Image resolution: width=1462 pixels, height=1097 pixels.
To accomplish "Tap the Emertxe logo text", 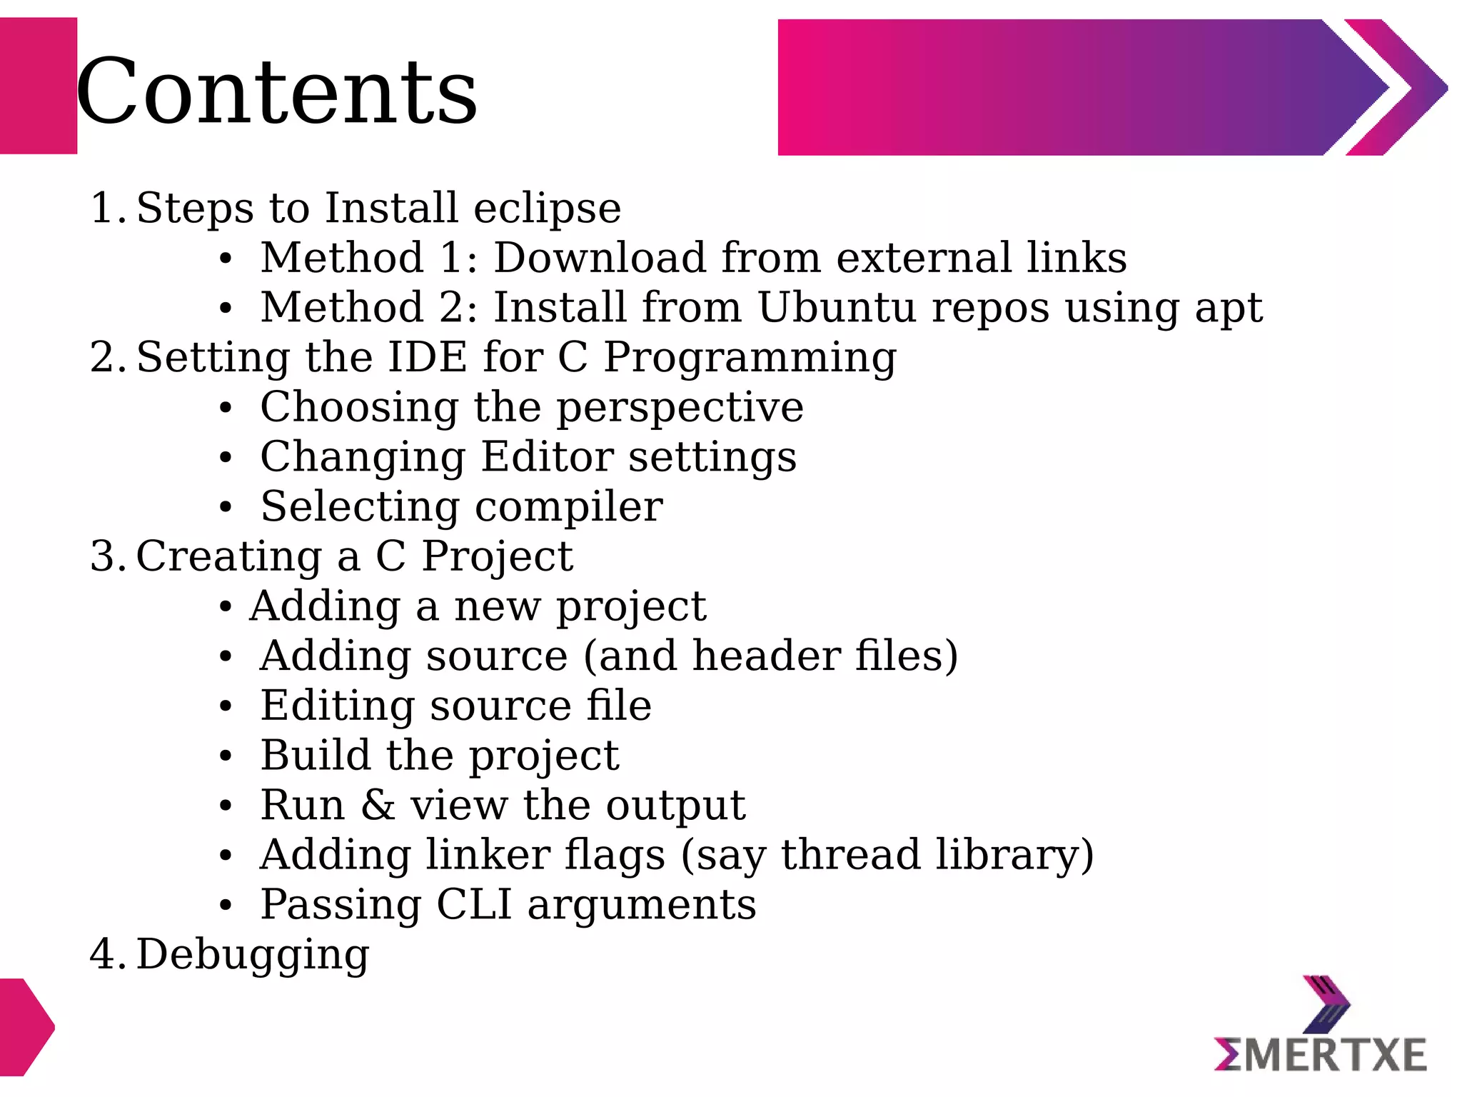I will pos(1320,1056).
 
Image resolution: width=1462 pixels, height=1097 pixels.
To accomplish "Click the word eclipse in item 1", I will pos(547,209).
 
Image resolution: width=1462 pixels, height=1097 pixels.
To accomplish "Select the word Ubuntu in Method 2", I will pos(836,308).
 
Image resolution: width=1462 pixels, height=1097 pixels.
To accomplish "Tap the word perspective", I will pos(680,409).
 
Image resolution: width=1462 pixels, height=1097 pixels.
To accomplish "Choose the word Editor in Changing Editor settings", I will pos(547,457).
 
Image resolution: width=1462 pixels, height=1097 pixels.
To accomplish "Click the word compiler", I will pos(569,508).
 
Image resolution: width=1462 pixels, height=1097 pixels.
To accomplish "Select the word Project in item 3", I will pos(497,557).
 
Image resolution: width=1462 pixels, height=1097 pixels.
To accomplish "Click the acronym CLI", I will pos(474,905).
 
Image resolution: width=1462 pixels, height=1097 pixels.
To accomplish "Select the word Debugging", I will pos(253,956).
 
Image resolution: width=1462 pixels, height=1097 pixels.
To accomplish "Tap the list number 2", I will pos(104,357).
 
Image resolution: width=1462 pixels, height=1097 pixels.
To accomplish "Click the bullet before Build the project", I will pos(226,756).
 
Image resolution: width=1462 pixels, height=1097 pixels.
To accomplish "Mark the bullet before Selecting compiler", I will pos(226,508).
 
